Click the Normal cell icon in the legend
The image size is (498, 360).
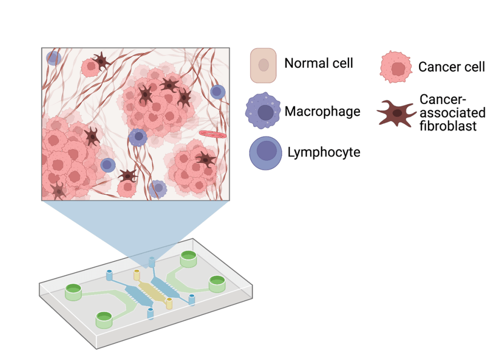tap(263, 65)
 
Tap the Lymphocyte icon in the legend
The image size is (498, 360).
tap(266, 153)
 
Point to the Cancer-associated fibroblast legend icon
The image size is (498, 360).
tap(397, 113)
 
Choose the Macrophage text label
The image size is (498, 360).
tap(322, 111)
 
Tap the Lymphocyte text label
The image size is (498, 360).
tap(324, 152)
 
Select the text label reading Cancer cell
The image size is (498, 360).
tap(452, 66)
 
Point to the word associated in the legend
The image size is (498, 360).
tap(453, 113)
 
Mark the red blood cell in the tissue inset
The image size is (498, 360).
tap(213, 133)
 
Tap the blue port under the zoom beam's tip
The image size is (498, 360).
tap(152, 262)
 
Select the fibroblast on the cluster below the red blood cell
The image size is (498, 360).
tap(205, 159)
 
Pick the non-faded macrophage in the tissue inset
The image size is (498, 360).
tap(138, 138)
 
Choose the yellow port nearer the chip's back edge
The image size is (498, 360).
tap(137, 275)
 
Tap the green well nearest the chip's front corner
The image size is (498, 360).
tap(104, 319)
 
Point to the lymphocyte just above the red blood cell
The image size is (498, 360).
tap(218, 91)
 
